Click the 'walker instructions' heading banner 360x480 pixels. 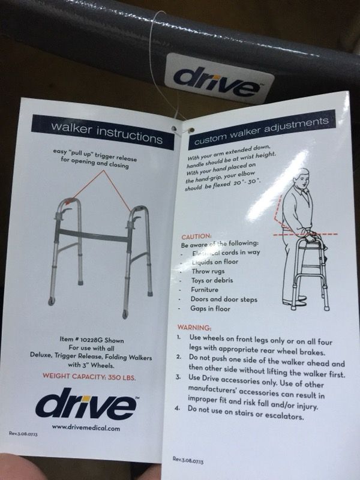click(103, 132)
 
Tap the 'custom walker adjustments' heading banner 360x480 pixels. click(262, 128)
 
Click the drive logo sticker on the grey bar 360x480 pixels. click(219, 79)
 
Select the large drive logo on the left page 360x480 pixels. click(86, 403)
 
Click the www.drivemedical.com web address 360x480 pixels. click(86, 427)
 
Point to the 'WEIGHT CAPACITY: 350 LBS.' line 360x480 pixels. click(89, 377)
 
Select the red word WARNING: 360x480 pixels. click(194, 328)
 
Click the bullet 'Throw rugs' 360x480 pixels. click(208, 271)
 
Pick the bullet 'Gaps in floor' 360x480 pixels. click(210, 308)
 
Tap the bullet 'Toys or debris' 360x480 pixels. click(212, 280)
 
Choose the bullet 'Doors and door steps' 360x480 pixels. click(224, 299)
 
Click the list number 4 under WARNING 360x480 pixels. click(177, 408)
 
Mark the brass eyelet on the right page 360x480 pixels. click(192, 130)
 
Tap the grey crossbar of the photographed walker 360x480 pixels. click(94, 236)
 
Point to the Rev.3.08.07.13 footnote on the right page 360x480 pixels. click(188, 460)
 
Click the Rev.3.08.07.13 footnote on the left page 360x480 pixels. click(23, 433)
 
